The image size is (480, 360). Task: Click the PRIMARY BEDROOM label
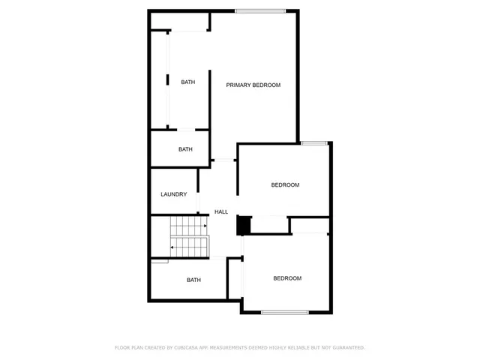click(253, 85)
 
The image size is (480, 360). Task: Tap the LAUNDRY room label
click(173, 194)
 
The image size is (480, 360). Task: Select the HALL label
click(221, 212)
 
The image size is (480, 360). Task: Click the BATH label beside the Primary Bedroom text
click(188, 82)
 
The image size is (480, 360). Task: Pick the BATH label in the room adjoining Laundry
click(185, 149)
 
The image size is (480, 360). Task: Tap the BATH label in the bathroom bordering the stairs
click(193, 280)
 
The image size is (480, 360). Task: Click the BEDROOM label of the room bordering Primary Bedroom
click(285, 185)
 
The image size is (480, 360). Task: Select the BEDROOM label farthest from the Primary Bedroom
click(286, 278)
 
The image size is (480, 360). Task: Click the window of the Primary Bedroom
click(260, 10)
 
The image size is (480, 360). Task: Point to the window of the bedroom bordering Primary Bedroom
click(314, 143)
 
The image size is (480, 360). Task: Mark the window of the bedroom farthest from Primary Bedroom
click(284, 312)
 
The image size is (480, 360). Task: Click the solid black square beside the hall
click(243, 225)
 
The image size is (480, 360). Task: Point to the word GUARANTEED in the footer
click(347, 347)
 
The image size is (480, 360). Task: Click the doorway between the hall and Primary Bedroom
click(223, 160)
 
